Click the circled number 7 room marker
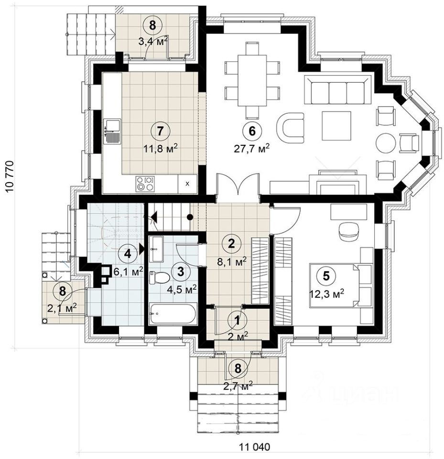click(x=160, y=131)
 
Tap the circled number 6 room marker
click(x=252, y=131)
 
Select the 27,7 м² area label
click(x=252, y=148)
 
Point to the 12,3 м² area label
click(x=326, y=293)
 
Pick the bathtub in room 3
click(x=173, y=314)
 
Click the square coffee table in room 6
click(x=336, y=126)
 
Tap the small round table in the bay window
click(x=385, y=143)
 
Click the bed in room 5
click(x=341, y=285)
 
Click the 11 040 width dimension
click(x=254, y=448)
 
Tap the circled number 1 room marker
click(x=238, y=320)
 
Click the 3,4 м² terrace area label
click(x=153, y=42)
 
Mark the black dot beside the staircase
click(x=190, y=217)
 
